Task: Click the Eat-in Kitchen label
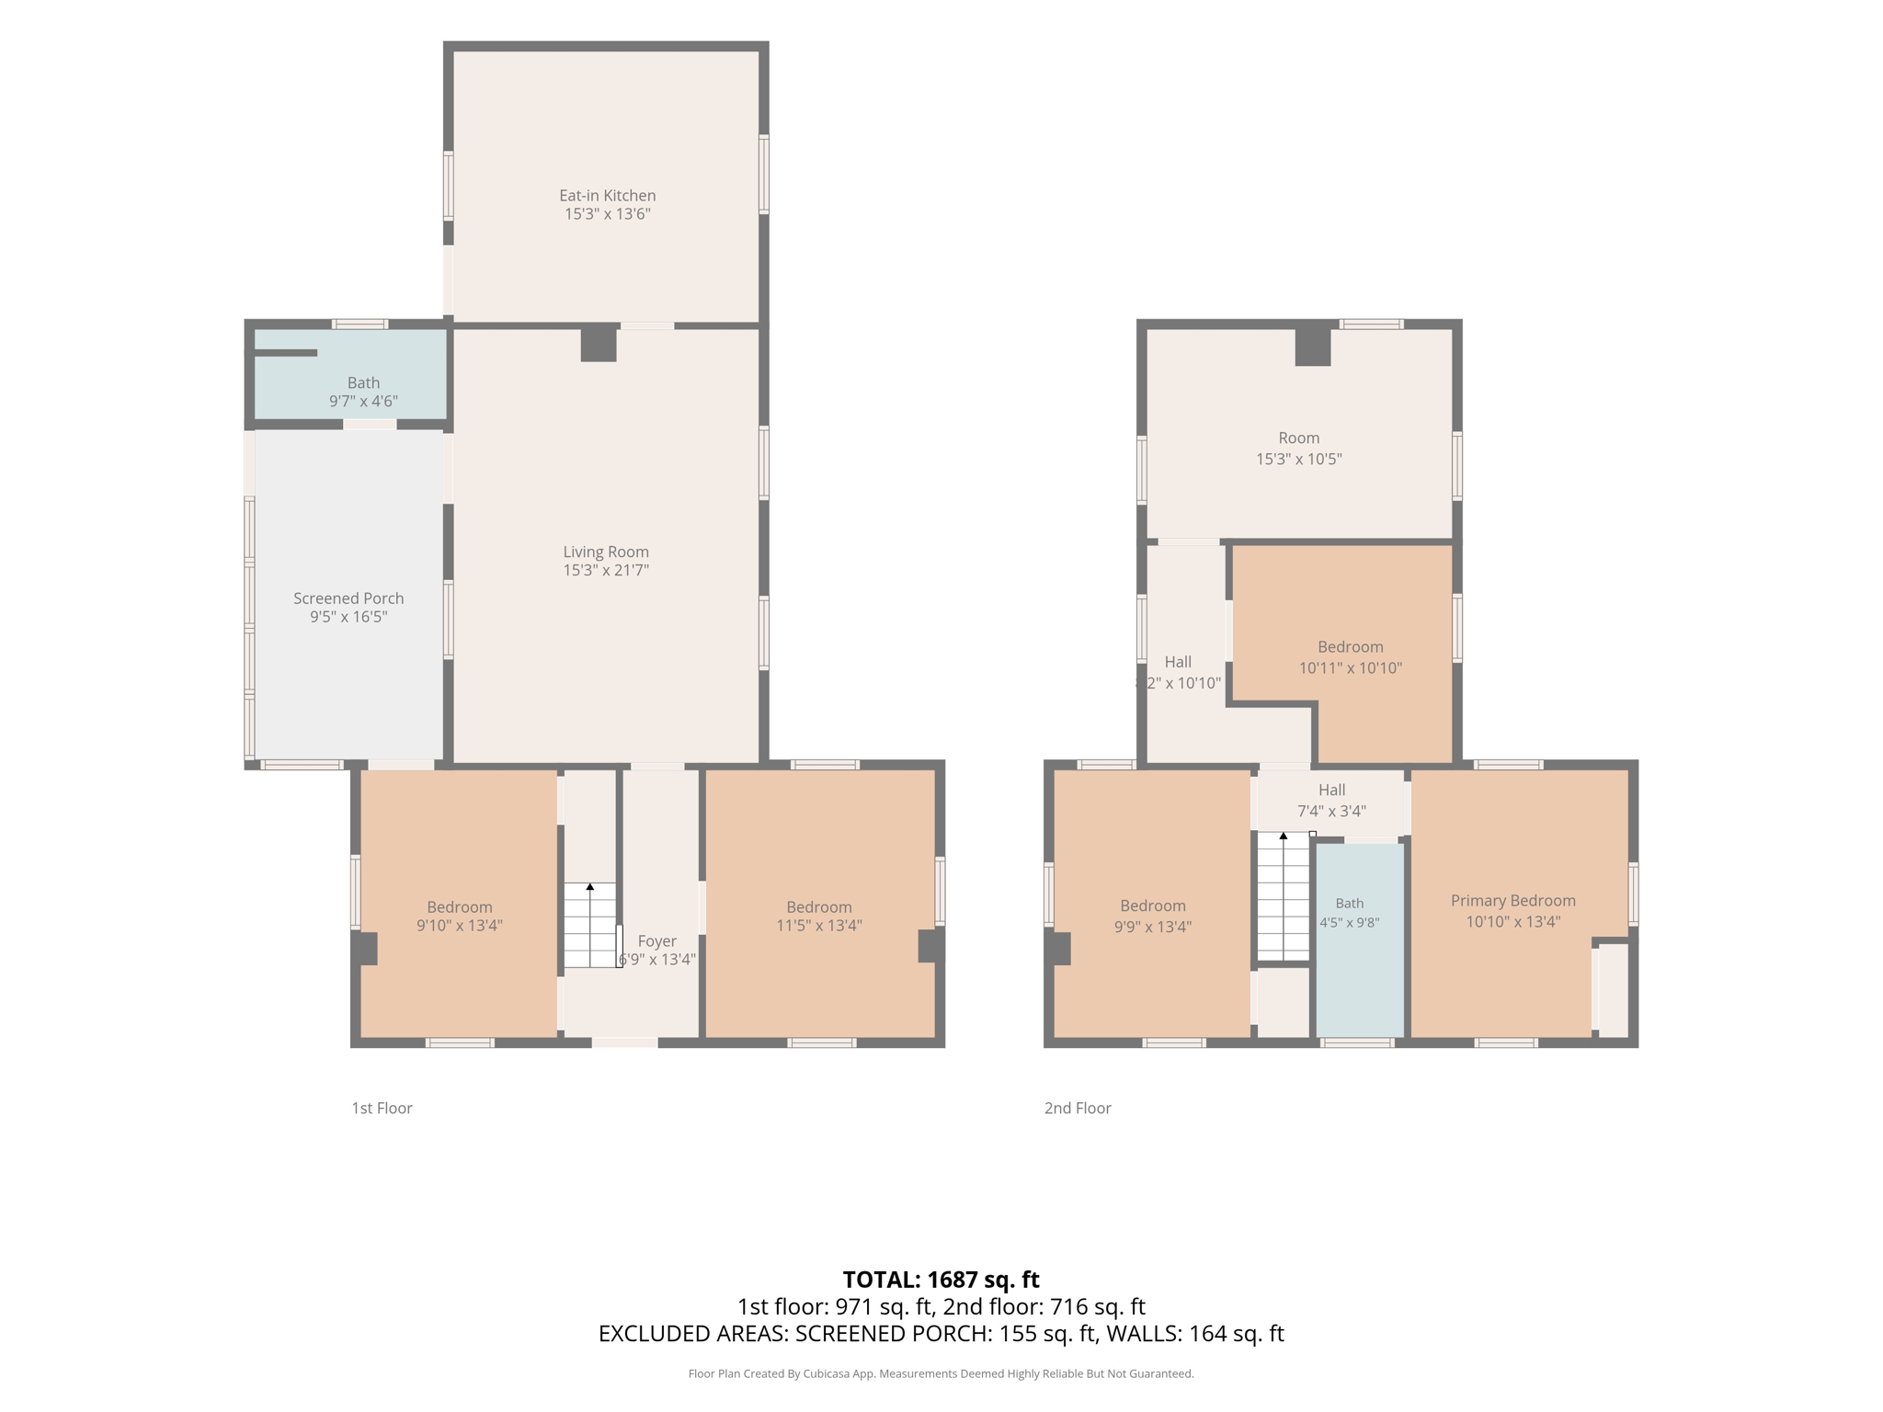[607, 196]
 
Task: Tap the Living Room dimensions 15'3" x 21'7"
[606, 571]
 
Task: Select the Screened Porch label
[348, 598]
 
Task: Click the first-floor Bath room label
[363, 382]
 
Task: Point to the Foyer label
[656, 941]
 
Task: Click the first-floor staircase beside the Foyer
[589, 925]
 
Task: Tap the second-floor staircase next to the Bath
[1284, 896]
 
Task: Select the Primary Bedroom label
[1512, 901]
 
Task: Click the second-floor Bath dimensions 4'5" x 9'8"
[1350, 923]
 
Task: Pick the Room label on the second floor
[1298, 438]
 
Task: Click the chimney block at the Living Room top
[599, 344]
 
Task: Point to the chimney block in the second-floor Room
[1313, 347]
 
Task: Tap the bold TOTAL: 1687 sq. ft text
[941, 1280]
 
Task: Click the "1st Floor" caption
[382, 1109]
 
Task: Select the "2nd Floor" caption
[1078, 1109]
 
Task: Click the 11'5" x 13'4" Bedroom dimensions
[818, 926]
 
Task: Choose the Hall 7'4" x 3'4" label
[1331, 801]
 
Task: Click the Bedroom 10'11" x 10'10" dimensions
[1350, 668]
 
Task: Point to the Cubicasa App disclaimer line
[941, 1373]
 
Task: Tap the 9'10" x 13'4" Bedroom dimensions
[459, 926]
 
